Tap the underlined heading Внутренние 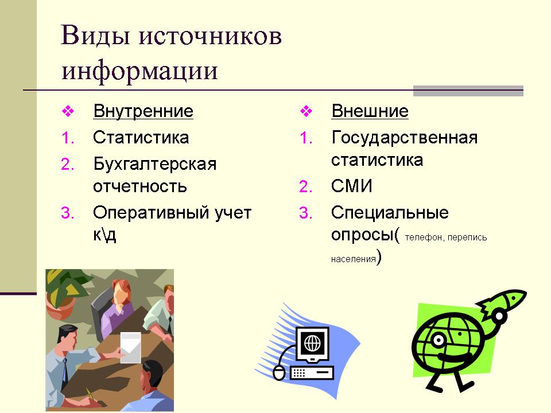coord(143,111)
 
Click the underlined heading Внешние coord(370,111)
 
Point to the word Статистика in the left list coord(141,137)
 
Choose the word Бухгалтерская coord(154,165)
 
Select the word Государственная coord(405,138)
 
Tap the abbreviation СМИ coord(352,186)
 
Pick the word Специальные coord(390,213)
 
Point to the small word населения coord(353,259)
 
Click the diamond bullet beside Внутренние coord(68,111)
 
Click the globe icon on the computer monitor coord(312,343)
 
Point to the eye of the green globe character coord(438,340)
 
